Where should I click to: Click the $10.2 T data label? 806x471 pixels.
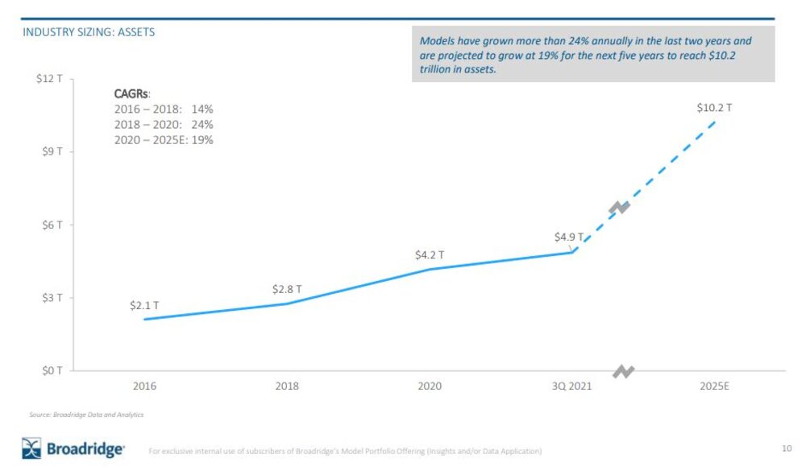714,107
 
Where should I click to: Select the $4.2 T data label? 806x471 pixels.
430,255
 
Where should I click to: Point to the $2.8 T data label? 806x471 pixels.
287,289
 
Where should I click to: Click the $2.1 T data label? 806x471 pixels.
144,306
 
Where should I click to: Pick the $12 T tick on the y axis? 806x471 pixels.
52,79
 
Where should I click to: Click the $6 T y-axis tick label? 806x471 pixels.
53,225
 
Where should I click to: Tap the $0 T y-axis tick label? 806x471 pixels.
53,370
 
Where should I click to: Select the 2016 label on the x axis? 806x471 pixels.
144,386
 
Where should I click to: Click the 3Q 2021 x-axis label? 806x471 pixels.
571,386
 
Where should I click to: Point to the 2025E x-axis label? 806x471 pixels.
714,386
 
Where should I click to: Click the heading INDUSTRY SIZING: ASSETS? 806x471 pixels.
89,33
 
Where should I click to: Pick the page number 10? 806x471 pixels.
787,448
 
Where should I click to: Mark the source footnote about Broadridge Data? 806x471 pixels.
86,415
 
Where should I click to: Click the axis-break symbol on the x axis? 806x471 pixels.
624,371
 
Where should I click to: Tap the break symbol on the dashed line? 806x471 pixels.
619,208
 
